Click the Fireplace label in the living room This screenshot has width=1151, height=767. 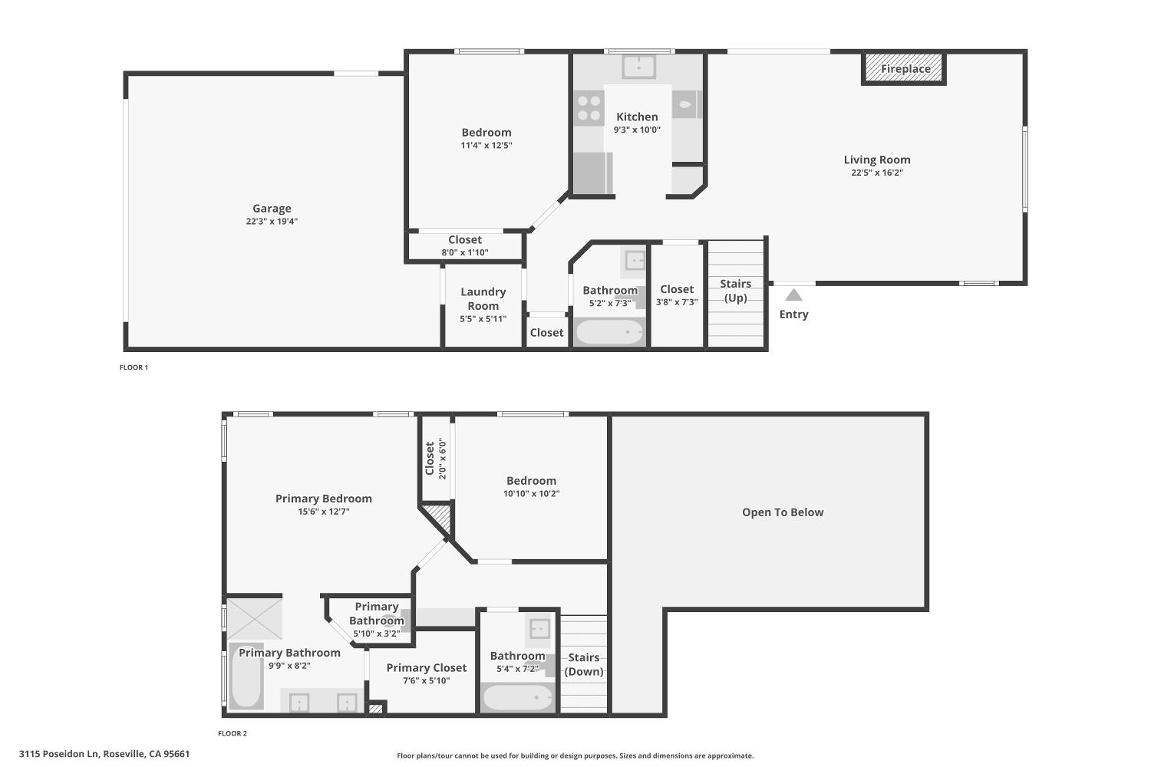pos(905,69)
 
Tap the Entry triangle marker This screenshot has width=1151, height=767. pos(794,295)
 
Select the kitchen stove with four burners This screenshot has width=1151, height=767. pos(589,108)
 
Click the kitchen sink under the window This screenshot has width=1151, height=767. pos(638,67)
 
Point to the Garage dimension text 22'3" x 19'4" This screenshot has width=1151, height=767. pos(272,222)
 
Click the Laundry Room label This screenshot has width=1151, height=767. pos(483,298)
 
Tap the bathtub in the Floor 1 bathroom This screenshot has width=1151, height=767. pos(609,332)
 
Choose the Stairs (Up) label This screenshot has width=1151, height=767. pos(735,291)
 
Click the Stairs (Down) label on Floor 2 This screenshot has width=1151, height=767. pos(584,664)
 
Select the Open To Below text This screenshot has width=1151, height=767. pos(783,512)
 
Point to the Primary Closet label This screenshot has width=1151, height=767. pos(427,667)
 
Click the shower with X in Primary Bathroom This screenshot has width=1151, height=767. pos(255,619)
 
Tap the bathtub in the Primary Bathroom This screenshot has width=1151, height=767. pos(246,676)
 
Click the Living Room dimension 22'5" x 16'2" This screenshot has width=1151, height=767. pos(877,173)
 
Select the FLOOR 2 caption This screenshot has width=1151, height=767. pos(233,733)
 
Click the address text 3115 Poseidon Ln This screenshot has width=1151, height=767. pos(58,754)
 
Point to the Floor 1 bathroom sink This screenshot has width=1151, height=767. pos(635,261)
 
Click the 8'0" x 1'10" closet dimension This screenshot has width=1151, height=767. pos(465,252)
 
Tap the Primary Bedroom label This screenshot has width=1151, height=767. pos(324,499)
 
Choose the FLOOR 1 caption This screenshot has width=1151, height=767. pos(134,367)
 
